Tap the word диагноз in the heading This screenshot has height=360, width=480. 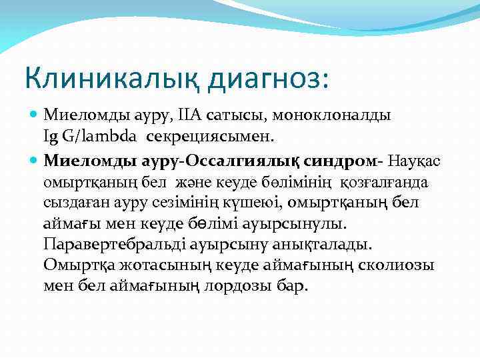(265, 79)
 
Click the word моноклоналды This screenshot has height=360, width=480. (341, 115)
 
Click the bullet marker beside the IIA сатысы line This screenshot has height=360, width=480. (34, 115)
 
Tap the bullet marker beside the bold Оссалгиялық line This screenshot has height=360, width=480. (34, 161)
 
